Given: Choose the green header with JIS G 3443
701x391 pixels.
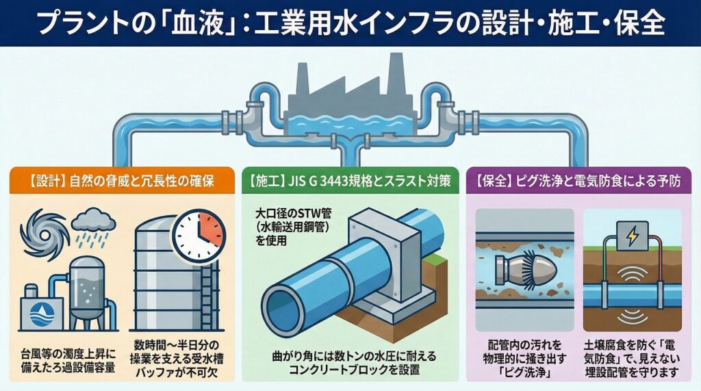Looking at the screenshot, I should pos(348,184).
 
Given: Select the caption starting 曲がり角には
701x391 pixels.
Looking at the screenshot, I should pos(349,363).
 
